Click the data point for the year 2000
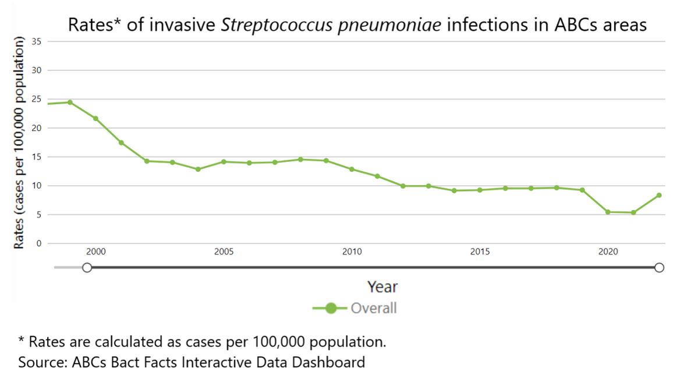[95, 119]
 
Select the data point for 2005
[224, 162]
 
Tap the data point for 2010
[352, 169]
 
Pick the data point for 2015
[480, 190]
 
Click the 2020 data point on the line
[608, 212]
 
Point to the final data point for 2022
[659, 196]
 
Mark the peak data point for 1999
[70, 102]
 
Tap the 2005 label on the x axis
[224, 252]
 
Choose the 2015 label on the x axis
[480, 252]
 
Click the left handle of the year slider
[87, 268]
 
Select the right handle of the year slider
[659, 268]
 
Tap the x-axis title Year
[382, 287]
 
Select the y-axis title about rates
[19, 143]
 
